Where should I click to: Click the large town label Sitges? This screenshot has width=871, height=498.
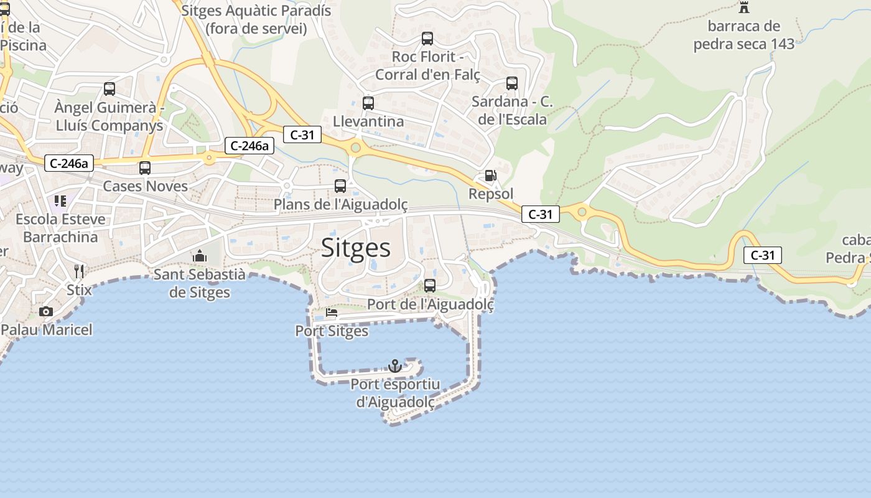[356, 248]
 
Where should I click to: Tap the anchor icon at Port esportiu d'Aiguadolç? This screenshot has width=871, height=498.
[395, 366]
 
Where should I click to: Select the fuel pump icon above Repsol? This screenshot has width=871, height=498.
[491, 176]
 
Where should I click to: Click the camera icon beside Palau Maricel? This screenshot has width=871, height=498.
[45, 311]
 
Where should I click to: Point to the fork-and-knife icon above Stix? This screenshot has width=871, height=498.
[79, 271]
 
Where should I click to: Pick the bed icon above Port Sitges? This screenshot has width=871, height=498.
[331, 312]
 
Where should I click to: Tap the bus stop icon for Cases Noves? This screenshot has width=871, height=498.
[145, 167]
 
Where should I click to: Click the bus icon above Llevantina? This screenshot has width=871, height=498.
[368, 103]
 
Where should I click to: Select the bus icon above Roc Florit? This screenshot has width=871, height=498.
[427, 39]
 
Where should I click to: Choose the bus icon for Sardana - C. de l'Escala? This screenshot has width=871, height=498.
[512, 83]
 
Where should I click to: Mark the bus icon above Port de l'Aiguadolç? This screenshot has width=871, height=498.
[430, 286]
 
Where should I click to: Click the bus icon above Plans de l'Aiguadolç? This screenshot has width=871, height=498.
[340, 186]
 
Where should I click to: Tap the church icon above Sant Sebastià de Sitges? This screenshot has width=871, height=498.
[200, 256]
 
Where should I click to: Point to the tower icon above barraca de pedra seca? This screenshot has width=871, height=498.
[743, 7]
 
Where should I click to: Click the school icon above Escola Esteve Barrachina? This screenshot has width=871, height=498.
[60, 200]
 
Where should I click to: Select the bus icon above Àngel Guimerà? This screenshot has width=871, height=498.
[109, 88]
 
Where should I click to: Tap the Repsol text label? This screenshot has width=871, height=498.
[491, 194]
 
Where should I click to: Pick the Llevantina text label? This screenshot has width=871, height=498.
[368, 121]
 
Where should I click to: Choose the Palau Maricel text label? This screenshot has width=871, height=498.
[47, 329]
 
